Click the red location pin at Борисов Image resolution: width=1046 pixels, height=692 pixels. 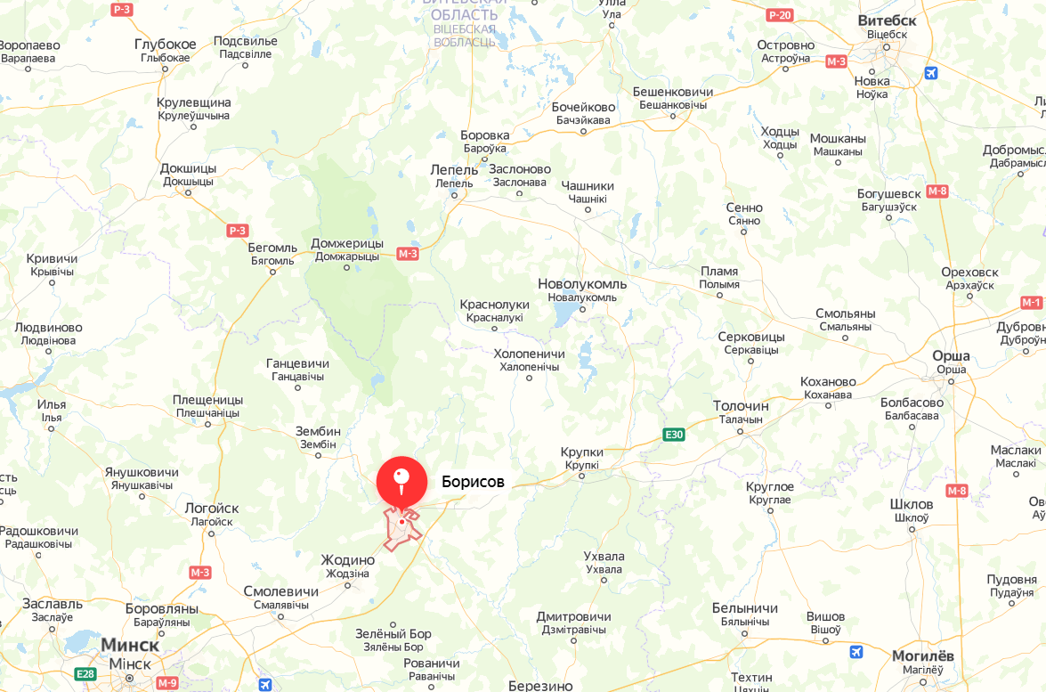[401, 482]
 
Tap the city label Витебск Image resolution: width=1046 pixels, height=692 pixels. [887, 20]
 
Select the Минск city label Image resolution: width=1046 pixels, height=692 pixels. [130, 645]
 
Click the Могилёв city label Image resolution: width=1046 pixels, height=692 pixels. [922, 655]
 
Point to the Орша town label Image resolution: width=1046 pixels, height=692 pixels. [951, 355]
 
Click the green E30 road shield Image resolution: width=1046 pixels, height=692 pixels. [674, 435]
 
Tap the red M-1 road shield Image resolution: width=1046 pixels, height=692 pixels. [1031, 303]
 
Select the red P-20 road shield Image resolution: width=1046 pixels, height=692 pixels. [779, 15]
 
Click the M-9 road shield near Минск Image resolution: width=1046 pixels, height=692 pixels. [167, 682]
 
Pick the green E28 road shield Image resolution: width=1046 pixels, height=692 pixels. [85, 673]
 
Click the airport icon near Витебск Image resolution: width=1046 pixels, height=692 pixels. [931, 73]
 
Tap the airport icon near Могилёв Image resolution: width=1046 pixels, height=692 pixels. [856, 652]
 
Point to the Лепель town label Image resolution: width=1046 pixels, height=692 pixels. [454, 169]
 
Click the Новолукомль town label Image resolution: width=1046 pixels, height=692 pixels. [582, 284]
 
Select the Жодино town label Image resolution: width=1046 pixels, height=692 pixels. [347, 560]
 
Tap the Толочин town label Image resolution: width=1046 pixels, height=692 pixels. [741, 406]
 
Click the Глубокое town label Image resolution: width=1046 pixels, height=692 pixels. [166, 45]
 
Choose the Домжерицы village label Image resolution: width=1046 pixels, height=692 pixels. [347, 243]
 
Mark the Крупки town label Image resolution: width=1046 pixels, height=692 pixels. [582, 452]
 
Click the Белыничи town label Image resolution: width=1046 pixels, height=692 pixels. [745, 608]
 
